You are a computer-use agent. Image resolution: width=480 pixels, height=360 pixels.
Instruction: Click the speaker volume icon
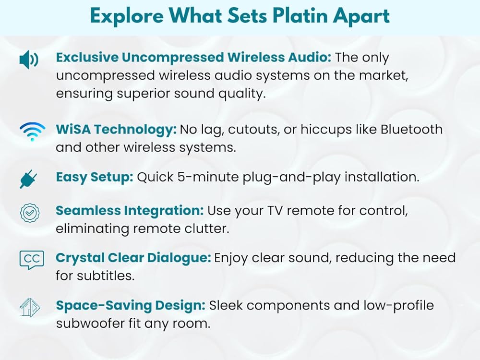tap(29, 60)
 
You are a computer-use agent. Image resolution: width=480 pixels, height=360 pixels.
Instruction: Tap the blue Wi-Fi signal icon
tap(32, 132)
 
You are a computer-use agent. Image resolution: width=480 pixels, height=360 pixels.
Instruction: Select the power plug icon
tap(28, 180)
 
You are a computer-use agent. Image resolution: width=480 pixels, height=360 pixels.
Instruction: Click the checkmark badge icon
tap(30, 213)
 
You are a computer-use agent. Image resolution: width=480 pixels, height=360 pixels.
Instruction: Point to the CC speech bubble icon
tap(32, 260)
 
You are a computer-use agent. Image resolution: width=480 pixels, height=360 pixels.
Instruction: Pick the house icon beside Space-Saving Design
tap(30, 307)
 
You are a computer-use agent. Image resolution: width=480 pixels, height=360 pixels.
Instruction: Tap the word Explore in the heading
tap(127, 16)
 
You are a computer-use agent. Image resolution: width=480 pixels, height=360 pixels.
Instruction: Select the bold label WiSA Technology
tap(116, 130)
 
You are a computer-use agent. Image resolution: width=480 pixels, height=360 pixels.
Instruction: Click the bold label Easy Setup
tap(95, 178)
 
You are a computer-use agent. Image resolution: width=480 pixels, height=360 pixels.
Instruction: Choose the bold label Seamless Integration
tap(130, 211)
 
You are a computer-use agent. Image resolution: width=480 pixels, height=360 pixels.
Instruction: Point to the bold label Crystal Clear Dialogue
tap(133, 258)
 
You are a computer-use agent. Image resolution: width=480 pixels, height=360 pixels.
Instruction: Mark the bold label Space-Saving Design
tap(131, 305)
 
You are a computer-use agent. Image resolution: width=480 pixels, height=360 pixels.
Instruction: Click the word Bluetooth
tap(411, 130)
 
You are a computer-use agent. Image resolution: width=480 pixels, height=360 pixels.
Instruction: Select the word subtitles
tap(106, 276)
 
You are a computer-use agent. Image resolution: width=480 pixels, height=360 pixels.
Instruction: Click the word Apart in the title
tap(361, 16)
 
